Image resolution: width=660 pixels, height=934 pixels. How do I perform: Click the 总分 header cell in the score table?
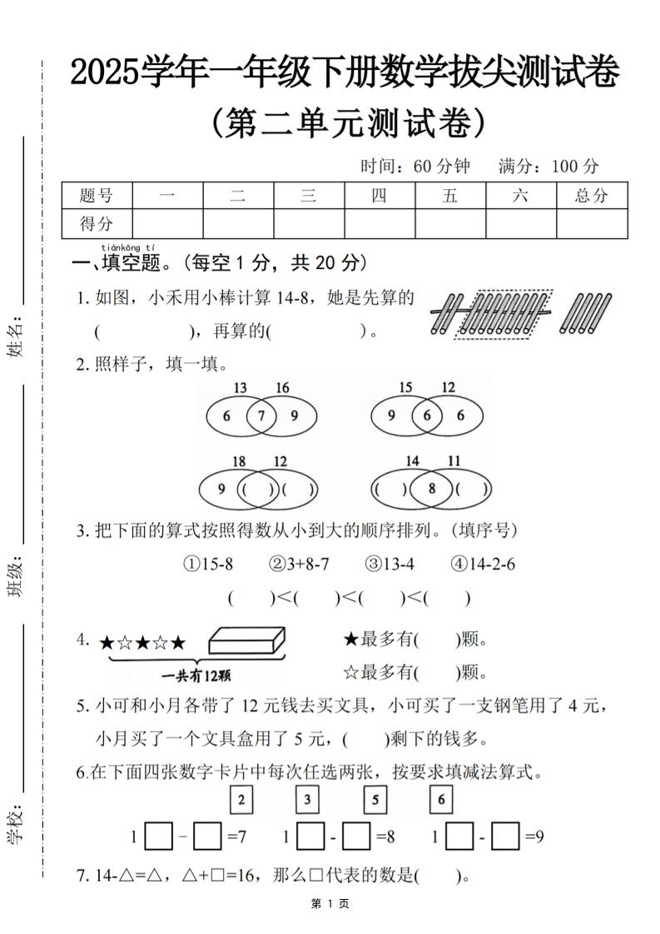[592, 196]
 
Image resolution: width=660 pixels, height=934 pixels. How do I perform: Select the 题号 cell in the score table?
[97, 196]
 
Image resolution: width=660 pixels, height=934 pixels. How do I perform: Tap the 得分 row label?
[97, 223]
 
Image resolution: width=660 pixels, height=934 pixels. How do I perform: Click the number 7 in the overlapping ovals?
[261, 415]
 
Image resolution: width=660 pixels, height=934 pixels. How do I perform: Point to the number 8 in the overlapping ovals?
[431, 489]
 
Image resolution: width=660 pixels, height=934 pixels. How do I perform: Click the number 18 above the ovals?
[239, 461]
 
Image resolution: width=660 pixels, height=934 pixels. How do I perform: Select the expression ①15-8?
[208, 564]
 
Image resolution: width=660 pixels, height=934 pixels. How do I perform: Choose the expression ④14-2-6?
[483, 564]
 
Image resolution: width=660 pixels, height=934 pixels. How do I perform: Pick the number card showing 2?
[241, 800]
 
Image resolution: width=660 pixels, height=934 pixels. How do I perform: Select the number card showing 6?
[441, 800]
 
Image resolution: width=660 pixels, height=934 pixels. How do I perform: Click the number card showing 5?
[375, 800]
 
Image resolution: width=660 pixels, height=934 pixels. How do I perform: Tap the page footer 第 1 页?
[330, 903]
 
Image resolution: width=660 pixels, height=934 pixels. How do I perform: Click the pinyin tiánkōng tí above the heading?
[127, 247]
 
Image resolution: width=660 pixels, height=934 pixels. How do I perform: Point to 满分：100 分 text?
[548, 166]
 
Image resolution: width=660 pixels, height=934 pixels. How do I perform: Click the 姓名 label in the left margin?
[14, 339]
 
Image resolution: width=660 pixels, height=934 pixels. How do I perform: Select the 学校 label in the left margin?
[14, 824]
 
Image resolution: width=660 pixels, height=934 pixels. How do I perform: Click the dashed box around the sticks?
[500, 314]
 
